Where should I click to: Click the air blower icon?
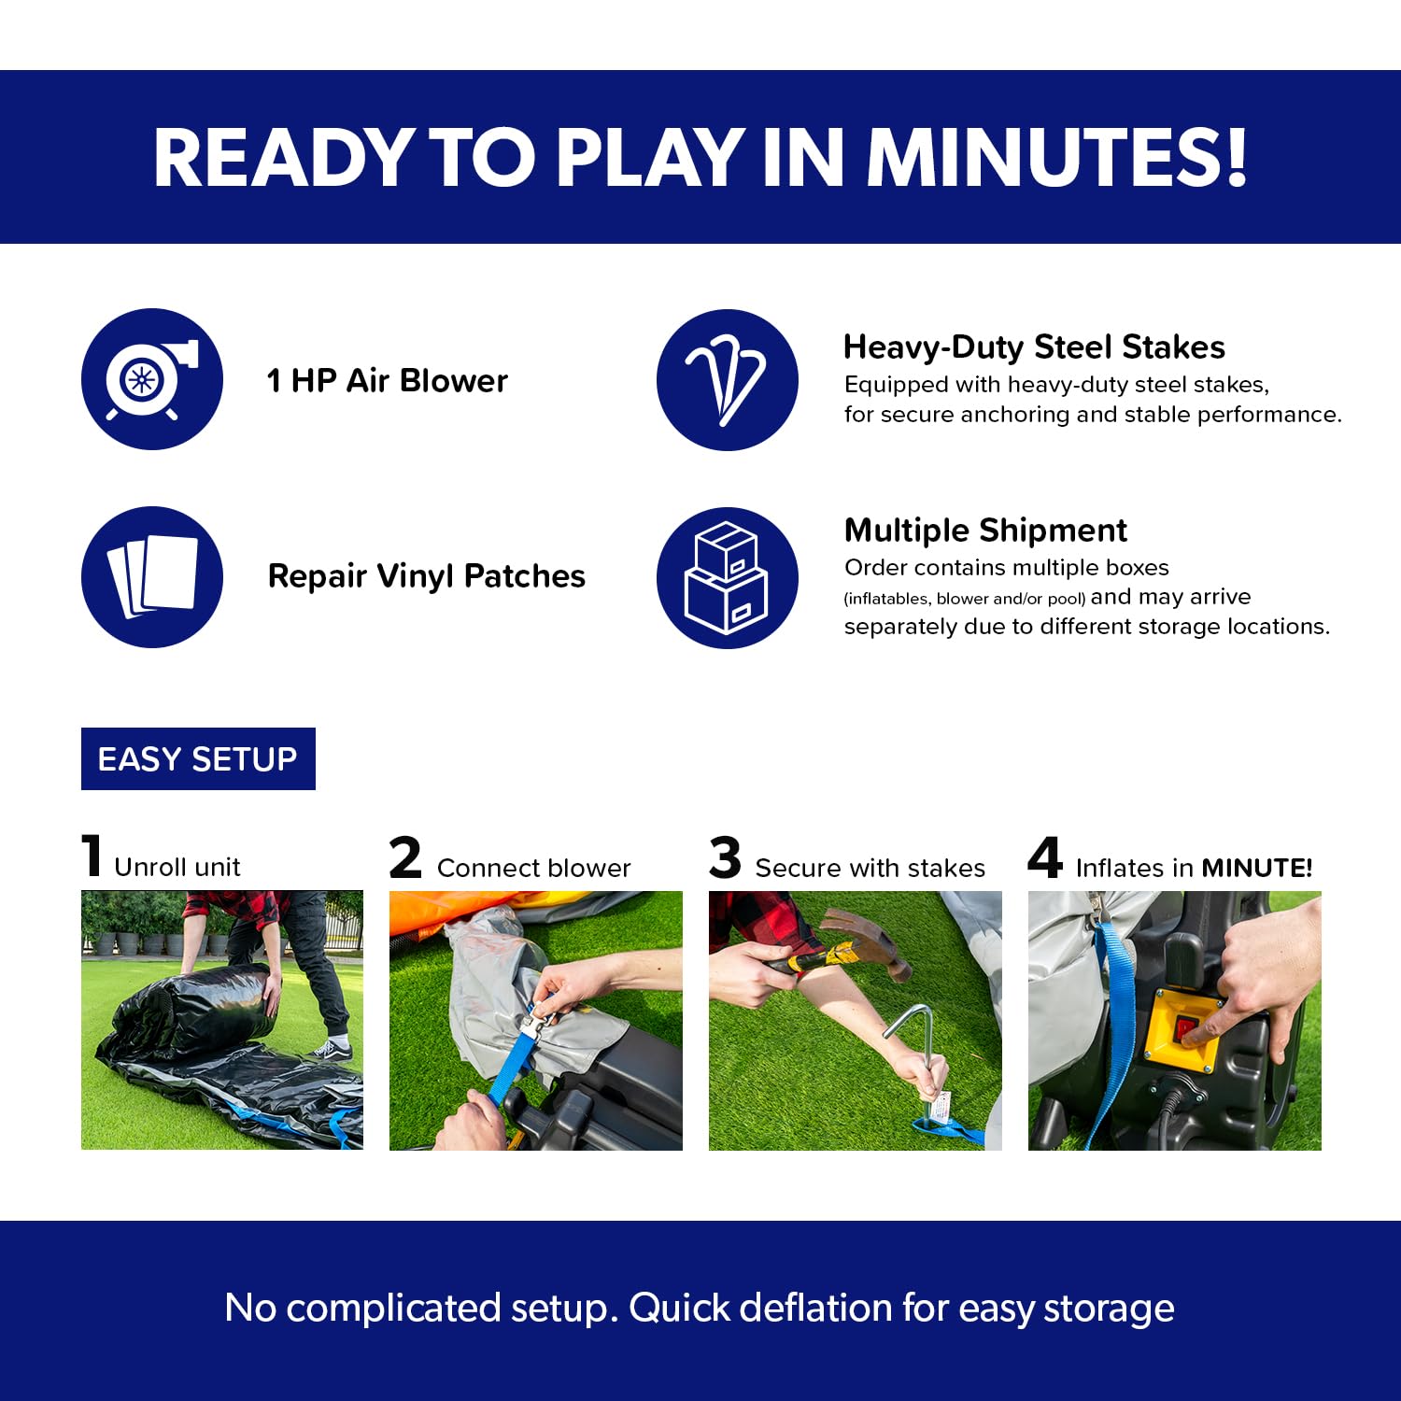pos(152,379)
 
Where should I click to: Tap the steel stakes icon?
pos(728,380)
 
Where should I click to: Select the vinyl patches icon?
pos(152,577)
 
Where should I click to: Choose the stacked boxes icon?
pos(728,578)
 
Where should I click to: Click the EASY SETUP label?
pos(198,758)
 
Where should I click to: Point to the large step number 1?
pos(92,856)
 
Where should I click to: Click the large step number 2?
pos(405,857)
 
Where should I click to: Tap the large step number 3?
pos(725,857)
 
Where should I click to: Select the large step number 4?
pos(1045,857)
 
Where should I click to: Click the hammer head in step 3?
pos(873,943)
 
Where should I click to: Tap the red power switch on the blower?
pos(1188,1030)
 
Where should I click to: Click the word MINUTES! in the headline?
pos(1057,156)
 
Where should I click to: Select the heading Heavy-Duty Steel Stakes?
pos(1034,347)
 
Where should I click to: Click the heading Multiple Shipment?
pos(985,530)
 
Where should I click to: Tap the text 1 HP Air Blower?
pos(387,380)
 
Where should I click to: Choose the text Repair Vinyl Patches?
pos(426,576)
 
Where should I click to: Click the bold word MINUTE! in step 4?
pos(1257,868)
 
